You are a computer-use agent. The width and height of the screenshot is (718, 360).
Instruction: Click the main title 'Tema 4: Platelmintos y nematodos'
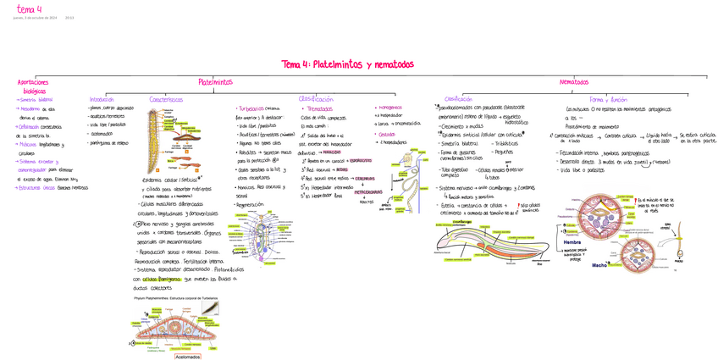347,64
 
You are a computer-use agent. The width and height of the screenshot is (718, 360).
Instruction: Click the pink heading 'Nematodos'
573,82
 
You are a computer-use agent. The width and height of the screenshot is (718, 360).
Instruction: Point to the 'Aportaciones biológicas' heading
35,86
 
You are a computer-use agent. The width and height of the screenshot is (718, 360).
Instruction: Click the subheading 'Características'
166,99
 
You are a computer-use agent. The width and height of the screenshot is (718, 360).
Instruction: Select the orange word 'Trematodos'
319,109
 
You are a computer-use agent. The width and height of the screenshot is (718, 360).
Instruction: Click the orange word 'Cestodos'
387,134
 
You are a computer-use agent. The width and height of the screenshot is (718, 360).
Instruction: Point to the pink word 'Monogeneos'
390,108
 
